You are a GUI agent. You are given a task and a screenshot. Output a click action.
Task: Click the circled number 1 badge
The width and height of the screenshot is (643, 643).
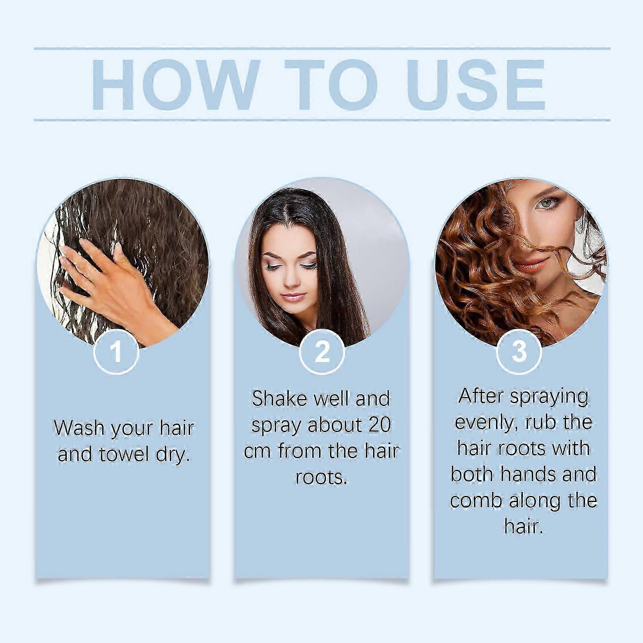tap(117, 352)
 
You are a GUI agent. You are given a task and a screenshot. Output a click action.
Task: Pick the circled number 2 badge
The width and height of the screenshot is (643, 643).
tap(322, 352)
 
